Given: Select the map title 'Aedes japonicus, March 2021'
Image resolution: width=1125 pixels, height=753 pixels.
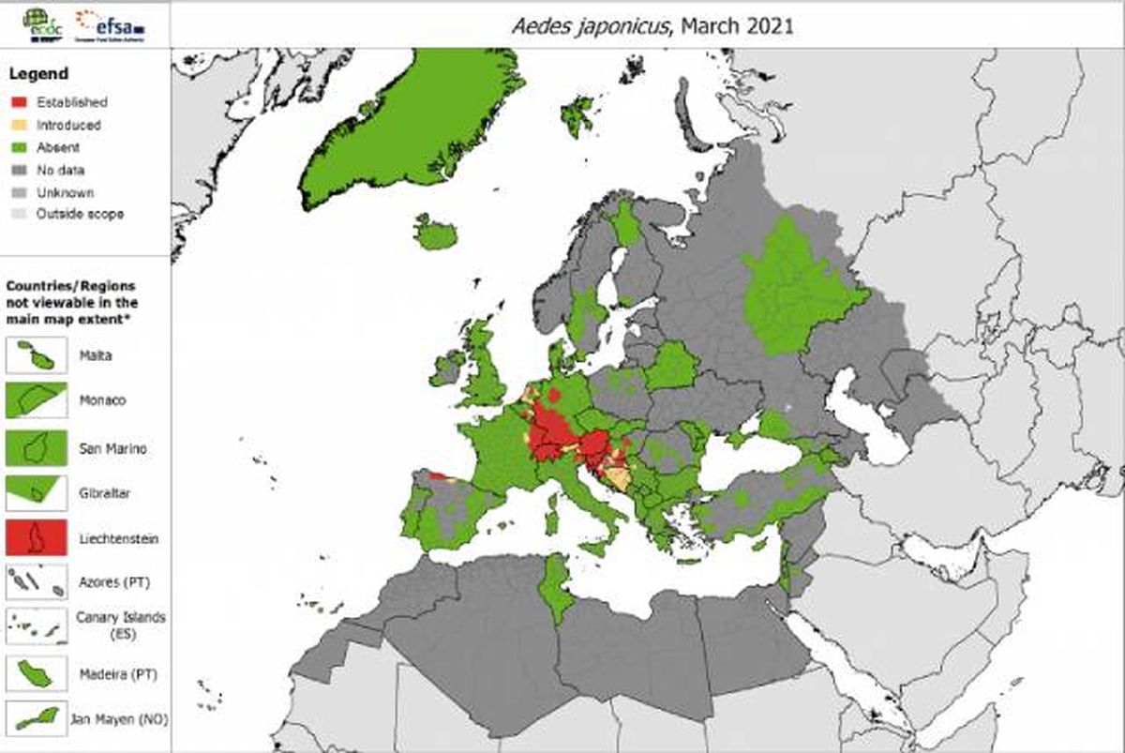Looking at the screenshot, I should click(652, 25).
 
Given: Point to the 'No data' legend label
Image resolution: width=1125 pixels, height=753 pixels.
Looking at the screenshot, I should click(61, 171).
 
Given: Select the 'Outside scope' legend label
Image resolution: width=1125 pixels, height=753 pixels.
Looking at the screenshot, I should click(80, 215).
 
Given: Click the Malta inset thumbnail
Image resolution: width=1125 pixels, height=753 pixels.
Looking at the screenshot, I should click(36, 356).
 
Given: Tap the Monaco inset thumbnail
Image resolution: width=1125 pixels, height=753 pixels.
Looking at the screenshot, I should click(36, 400).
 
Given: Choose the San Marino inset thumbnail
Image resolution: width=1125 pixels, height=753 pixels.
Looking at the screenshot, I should click(36, 447).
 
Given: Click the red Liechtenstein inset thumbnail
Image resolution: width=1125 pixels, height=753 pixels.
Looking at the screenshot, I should click(36, 538).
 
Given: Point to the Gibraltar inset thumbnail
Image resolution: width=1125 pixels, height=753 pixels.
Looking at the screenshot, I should click(36, 492).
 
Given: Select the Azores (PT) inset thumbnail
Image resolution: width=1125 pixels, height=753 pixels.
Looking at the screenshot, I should click(36, 582).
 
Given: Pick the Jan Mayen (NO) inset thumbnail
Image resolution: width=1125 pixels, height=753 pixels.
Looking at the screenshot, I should click(36, 718).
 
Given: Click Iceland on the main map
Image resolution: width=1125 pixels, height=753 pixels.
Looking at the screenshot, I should click(435, 233).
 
